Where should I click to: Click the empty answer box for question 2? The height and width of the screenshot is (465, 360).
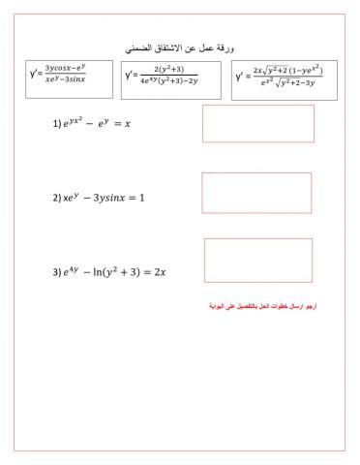256,193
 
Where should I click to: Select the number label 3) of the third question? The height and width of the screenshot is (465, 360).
57,272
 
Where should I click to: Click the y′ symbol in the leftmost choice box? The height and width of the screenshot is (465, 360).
35,76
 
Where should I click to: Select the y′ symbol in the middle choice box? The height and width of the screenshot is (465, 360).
131,77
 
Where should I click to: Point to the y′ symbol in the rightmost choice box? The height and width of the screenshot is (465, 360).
241,77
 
